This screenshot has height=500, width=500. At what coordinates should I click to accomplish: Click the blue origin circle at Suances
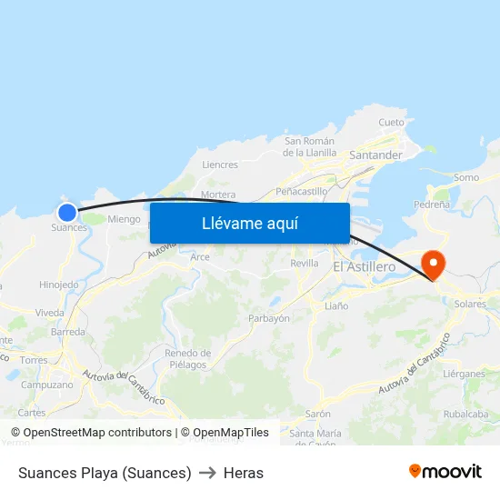67,212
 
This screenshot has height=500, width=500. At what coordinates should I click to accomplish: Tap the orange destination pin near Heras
434,264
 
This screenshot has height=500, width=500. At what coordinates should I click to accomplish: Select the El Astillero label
365,266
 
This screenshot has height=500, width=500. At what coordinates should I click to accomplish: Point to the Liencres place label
220,165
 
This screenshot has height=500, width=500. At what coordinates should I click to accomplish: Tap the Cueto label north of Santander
391,122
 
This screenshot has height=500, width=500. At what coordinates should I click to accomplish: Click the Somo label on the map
465,177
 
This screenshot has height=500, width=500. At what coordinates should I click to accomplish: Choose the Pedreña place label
432,205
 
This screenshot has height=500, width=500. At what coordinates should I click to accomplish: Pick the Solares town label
471,304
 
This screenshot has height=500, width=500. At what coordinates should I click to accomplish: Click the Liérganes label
464,374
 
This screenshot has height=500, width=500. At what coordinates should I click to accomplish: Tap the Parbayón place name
269,318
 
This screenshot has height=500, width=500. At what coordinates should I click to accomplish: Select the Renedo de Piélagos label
188,358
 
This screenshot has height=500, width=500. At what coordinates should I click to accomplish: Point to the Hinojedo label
59,285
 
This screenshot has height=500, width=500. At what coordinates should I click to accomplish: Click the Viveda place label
50,313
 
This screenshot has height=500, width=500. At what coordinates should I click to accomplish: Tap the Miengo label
124,219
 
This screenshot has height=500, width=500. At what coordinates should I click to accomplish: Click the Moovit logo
445,471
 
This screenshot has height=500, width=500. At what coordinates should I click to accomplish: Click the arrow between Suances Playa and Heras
207,473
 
